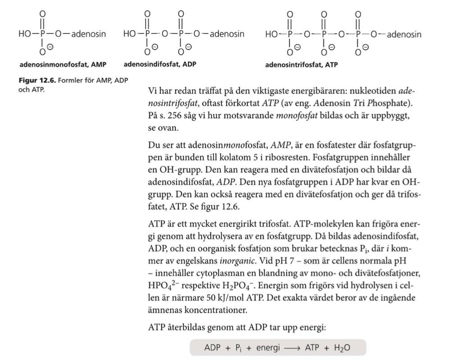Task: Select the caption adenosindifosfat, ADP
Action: point(160,64)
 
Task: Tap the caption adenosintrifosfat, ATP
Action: point(301,65)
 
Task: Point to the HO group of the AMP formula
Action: point(25,34)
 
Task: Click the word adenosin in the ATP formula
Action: point(404,34)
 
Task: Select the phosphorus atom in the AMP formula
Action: point(43,34)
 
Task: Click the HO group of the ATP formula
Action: point(272,34)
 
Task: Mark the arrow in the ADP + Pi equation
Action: point(291,348)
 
